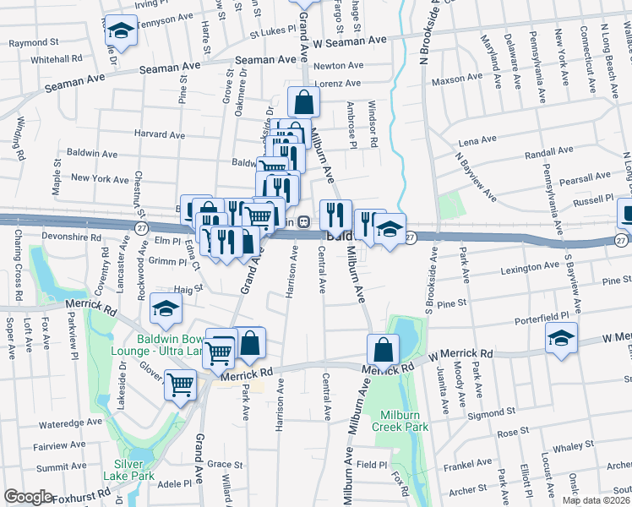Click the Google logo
28,497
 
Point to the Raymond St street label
33,42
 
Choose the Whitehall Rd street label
56,59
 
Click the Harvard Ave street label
159,134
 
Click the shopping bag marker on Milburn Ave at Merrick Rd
383,348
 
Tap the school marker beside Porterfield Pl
562,338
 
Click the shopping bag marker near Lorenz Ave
303,102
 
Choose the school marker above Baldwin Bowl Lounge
166,308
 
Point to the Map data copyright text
597,500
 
